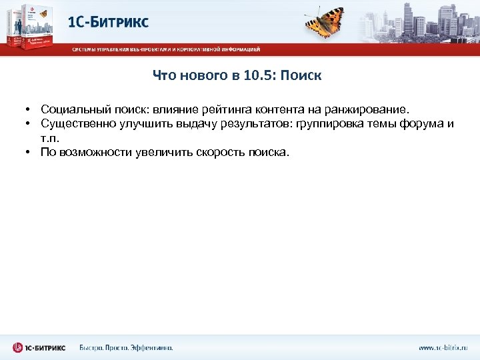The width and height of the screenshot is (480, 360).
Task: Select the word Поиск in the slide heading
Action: pyautogui.click(x=301, y=75)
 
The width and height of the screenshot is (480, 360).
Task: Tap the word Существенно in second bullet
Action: pyautogui.click(x=74, y=123)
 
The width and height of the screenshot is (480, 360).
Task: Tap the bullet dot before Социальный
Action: pyautogui.click(x=31, y=109)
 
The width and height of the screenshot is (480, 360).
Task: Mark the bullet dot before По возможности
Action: pyautogui.click(x=31, y=152)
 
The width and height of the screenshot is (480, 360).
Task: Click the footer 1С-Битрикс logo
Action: pyautogui.click(x=39, y=347)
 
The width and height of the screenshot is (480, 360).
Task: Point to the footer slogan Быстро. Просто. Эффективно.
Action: pyautogui.click(x=126, y=347)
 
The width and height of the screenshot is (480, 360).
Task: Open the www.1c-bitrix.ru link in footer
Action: pyautogui.click(x=443, y=347)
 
